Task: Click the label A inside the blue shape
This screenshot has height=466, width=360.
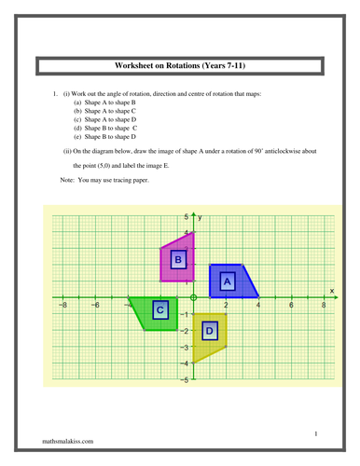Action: (226, 280)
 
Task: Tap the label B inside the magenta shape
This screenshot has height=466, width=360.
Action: (177, 261)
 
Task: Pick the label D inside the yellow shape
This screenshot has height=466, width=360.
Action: (210, 330)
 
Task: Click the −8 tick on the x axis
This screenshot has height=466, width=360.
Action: (62, 306)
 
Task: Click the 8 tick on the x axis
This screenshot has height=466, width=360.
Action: (324, 306)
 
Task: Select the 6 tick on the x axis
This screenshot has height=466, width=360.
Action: (291, 306)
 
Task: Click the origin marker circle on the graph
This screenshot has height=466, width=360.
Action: (193, 297)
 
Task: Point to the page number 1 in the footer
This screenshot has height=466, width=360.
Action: (316, 433)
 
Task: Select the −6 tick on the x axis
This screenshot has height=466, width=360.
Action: (94, 306)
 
